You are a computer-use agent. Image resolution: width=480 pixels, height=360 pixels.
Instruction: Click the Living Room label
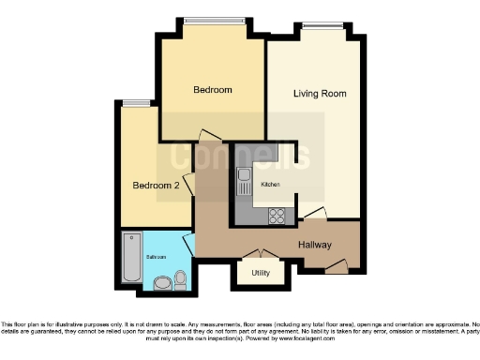tap(320, 94)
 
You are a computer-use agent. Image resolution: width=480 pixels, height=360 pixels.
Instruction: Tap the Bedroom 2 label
tap(155, 186)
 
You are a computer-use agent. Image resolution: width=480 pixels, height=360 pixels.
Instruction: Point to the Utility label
tap(261, 274)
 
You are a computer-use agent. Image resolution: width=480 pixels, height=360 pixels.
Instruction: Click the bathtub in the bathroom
tap(129, 259)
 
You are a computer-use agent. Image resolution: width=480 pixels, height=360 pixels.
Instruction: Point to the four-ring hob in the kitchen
tap(277, 215)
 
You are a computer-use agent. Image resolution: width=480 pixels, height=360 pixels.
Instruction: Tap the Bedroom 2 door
tap(190, 185)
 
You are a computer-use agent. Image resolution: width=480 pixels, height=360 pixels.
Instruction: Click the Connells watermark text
tap(246, 156)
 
